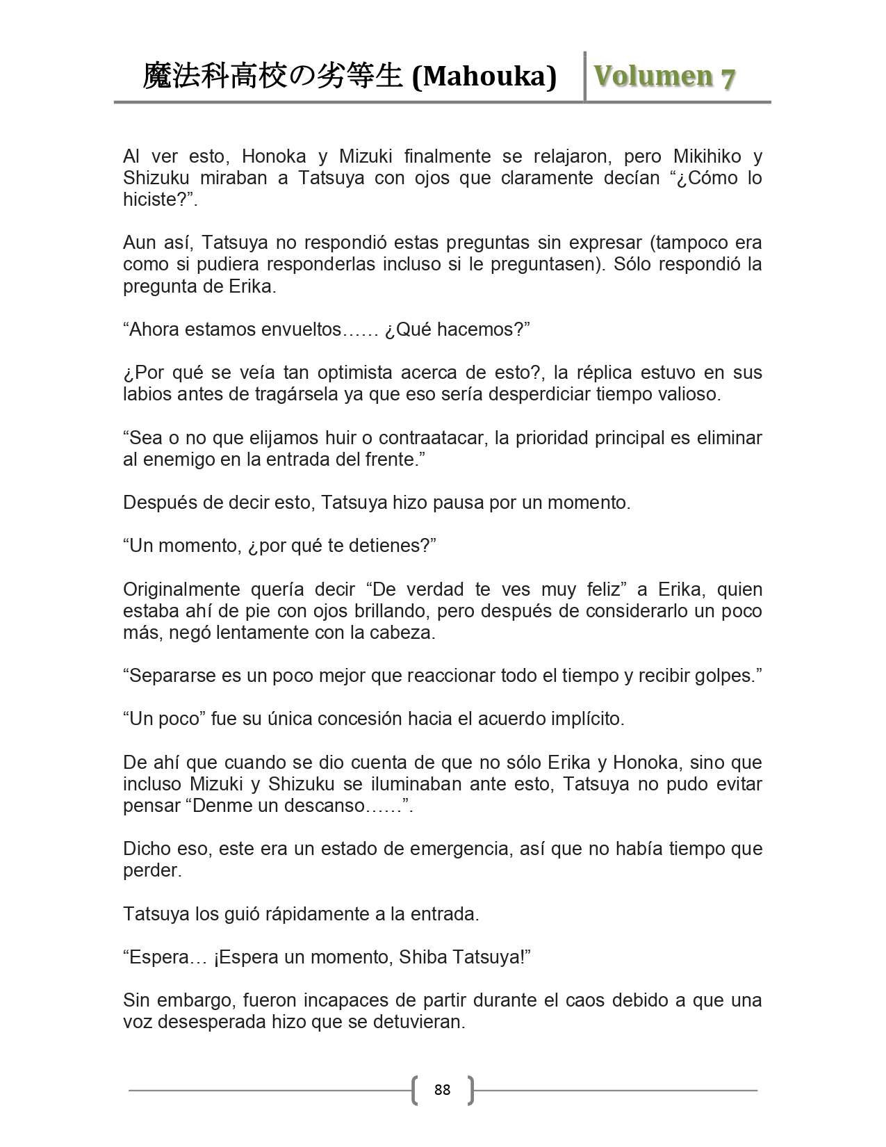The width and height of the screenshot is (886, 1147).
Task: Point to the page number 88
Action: (x=442, y=1089)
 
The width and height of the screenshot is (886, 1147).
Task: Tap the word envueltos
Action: (x=302, y=329)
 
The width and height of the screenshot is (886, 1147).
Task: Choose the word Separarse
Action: (x=172, y=676)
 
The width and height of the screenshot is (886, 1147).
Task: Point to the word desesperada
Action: (x=224, y=1022)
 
